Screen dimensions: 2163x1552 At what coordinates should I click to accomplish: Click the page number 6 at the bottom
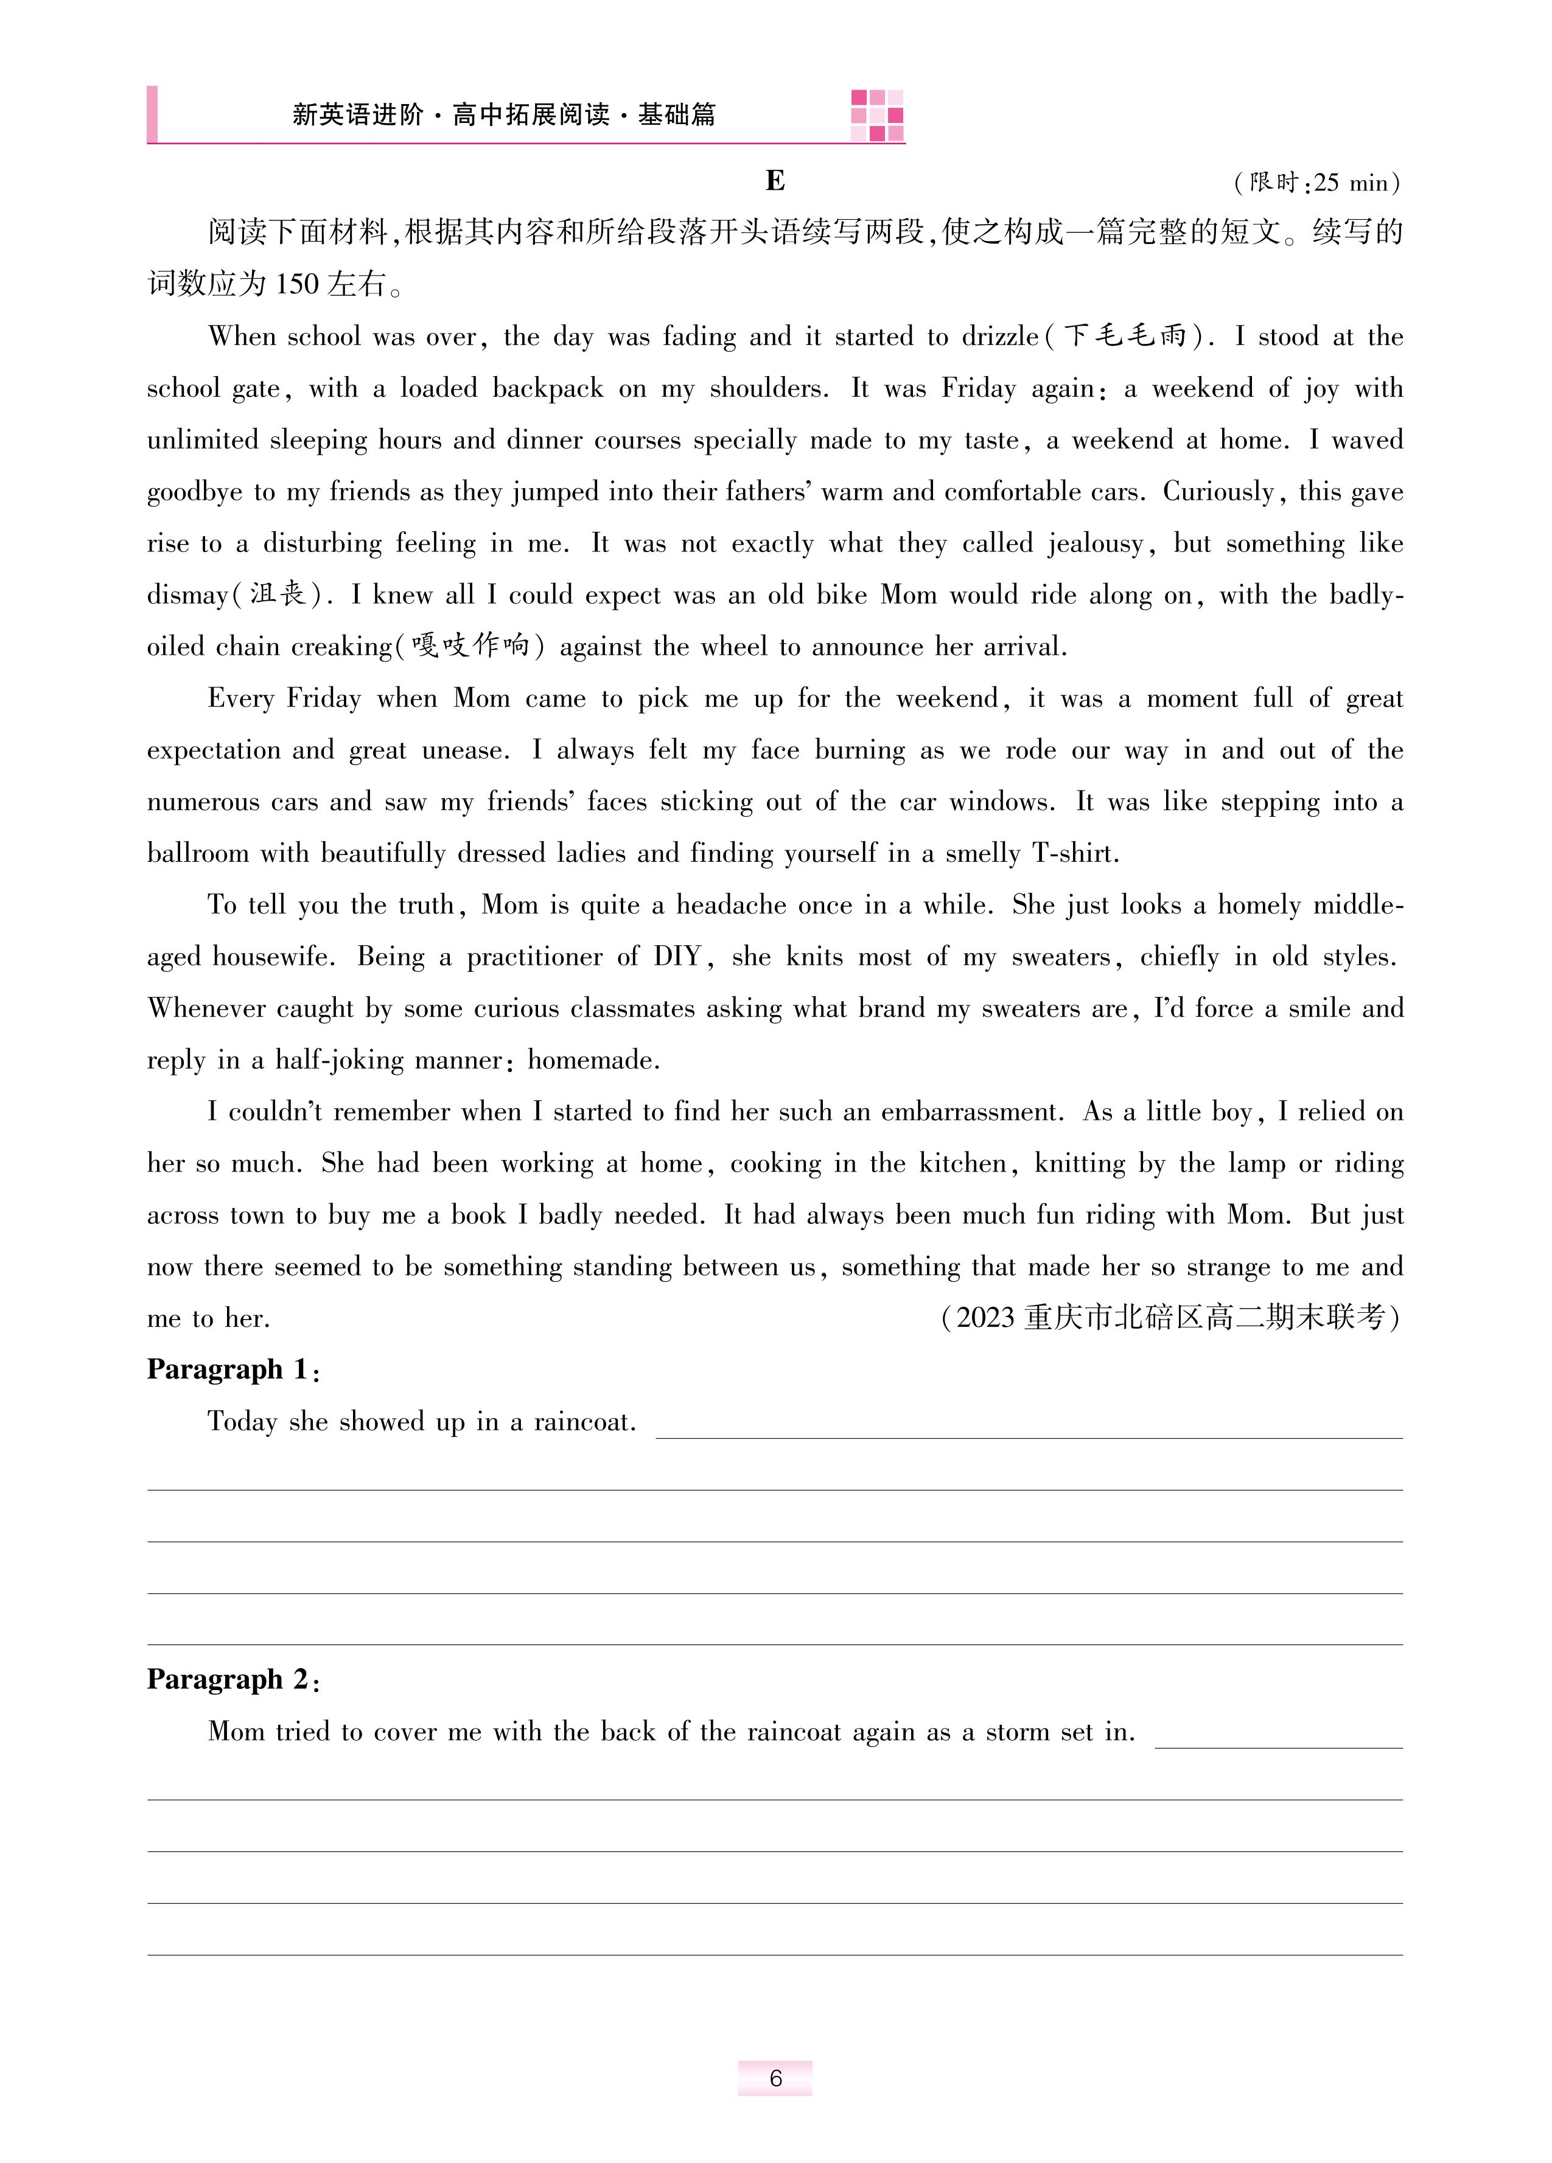pos(775,2078)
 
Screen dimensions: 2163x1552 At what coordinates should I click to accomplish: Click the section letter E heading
pos(775,181)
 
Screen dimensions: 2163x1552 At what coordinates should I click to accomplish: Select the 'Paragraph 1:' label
pos(232,1371)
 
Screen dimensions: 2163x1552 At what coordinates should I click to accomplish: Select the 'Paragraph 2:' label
pos(232,1680)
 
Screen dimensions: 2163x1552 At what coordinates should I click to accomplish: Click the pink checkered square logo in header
pos(876,116)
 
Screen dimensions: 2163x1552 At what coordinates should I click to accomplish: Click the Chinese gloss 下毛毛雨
pos(1125,337)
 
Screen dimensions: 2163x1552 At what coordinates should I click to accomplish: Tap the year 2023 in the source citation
pos(984,1318)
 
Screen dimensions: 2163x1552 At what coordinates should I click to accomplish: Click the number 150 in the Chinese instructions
pos(296,284)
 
